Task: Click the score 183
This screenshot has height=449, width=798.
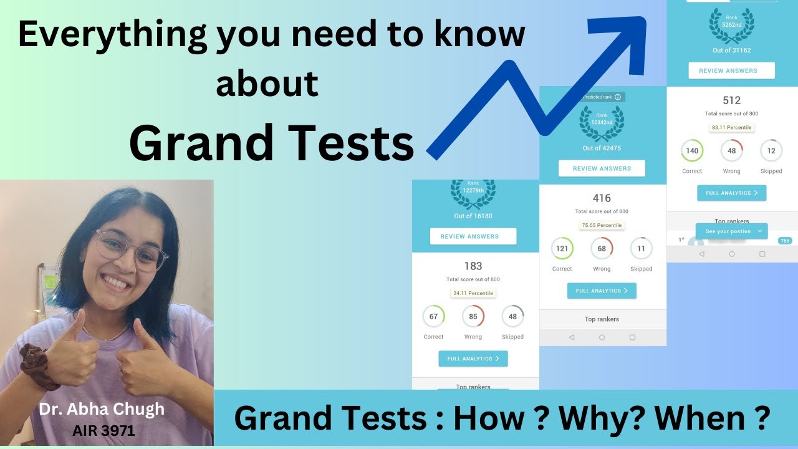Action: pyautogui.click(x=473, y=266)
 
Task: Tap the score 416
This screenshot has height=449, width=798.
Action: pyautogui.click(x=602, y=198)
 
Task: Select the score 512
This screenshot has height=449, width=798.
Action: pyautogui.click(x=731, y=100)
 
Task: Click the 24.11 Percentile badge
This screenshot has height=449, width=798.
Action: pyautogui.click(x=473, y=293)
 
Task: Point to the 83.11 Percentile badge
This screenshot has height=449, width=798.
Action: pyautogui.click(x=731, y=127)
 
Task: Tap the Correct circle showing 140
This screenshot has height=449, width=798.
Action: pyautogui.click(x=692, y=151)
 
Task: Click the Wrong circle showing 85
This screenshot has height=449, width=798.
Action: pyautogui.click(x=473, y=316)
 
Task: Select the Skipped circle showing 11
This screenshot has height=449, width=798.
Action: pyautogui.click(x=641, y=248)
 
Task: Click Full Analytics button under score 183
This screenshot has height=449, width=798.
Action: pyautogui.click(x=473, y=359)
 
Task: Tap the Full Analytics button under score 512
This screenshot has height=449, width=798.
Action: pyautogui.click(x=731, y=193)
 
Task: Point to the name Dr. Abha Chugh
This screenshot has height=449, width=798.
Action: pyautogui.click(x=102, y=409)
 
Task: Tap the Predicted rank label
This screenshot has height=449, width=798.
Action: pyautogui.click(x=601, y=97)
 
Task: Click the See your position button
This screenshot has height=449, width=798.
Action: pyautogui.click(x=731, y=231)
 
